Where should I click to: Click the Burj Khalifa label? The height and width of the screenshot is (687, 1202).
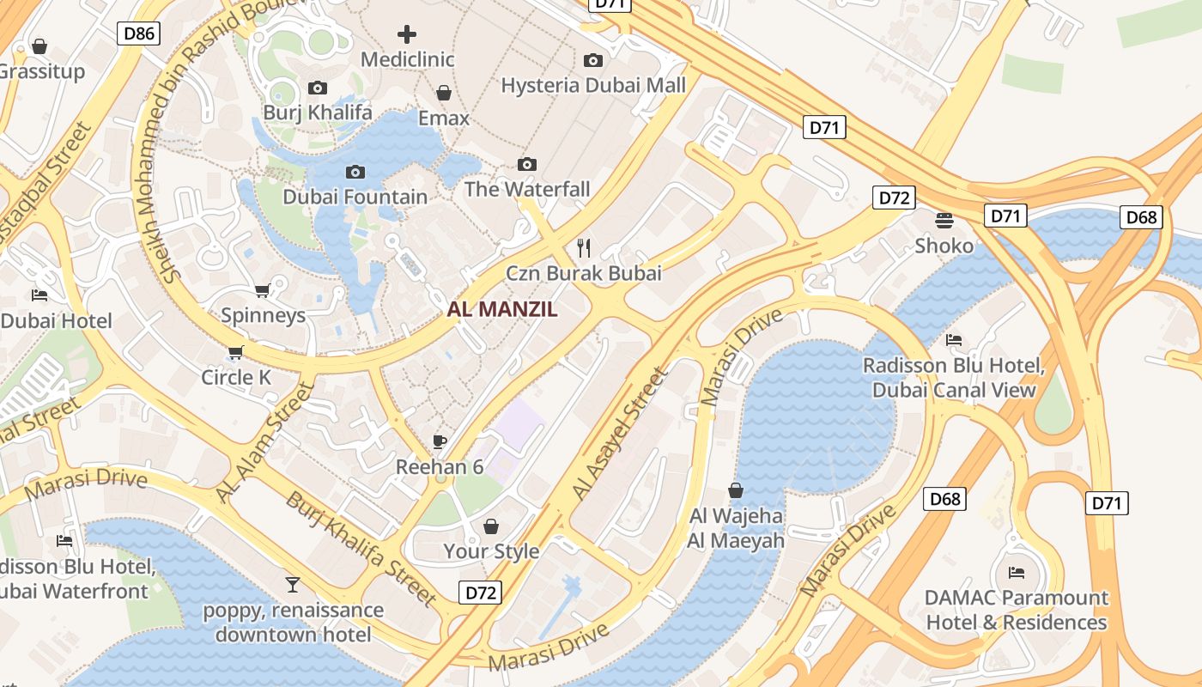pyautogui.click(x=318, y=112)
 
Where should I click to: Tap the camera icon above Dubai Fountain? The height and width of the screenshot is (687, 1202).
pyautogui.click(x=355, y=173)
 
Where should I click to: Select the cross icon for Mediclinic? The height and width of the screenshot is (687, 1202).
pyautogui.click(x=407, y=34)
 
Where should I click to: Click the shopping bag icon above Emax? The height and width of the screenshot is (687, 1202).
pyautogui.click(x=444, y=93)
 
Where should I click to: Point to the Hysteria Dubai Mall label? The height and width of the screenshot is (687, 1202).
pyautogui.click(x=593, y=85)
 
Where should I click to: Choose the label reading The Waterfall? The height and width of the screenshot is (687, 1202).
pyautogui.click(x=527, y=189)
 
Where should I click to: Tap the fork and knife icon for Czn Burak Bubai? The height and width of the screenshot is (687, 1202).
pyautogui.click(x=584, y=248)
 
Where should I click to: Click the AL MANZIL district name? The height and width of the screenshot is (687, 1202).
pyautogui.click(x=502, y=309)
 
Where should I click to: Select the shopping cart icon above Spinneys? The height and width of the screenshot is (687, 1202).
pyautogui.click(x=263, y=290)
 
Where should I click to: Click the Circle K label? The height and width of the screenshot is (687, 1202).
pyautogui.click(x=236, y=377)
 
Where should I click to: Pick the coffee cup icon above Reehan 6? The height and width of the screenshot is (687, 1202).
pyautogui.click(x=440, y=442)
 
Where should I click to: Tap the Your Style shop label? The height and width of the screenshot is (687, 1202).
pyautogui.click(x=491, y=551)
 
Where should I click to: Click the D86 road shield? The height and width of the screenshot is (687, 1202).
pyautogui.click(x=138, y=33)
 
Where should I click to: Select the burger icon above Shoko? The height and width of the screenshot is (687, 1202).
pyautogui.click(x=944, y=221)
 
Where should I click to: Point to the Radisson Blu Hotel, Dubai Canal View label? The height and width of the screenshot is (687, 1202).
pyautogui.click(x=954, y=378)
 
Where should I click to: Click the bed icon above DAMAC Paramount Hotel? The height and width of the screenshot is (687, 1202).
pyautogui.click(x=1017, y=573)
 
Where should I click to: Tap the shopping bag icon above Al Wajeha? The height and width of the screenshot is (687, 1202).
pyautogui.click(x=736, y=490)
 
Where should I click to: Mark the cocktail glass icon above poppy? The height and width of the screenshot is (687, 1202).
pyautogui.click(x=293, y=585)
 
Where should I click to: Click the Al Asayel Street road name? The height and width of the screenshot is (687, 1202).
pyautogui.click(x=620, y=435)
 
